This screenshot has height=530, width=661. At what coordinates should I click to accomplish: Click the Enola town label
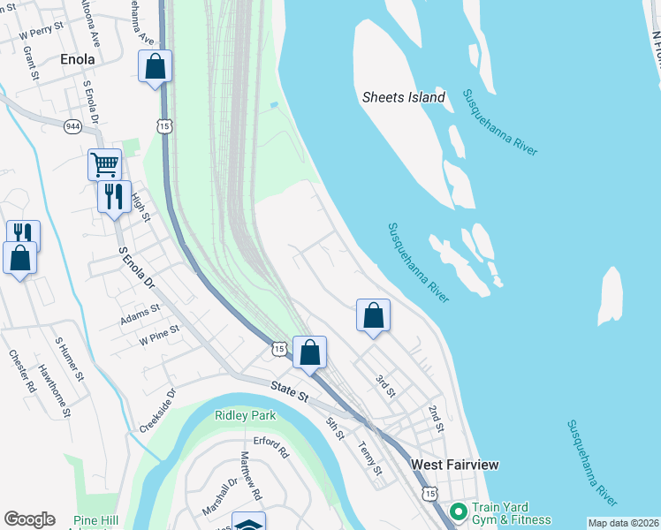click(77, 60)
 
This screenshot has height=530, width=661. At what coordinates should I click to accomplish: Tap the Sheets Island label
click(404, 97)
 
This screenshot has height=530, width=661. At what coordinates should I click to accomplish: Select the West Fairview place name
click(455, 465)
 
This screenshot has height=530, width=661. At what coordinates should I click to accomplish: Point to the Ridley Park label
click(246, 415)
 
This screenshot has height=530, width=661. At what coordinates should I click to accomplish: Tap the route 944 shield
click(72, 126)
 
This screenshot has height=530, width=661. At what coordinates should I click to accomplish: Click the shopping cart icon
click(104, 163)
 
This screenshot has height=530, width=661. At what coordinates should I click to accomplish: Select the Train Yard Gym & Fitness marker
click(458, 511)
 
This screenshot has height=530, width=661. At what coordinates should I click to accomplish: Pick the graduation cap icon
click(248, 523)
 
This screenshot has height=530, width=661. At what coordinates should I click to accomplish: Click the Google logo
click(29, 519)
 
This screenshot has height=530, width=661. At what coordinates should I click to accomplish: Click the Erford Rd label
click(271, 446)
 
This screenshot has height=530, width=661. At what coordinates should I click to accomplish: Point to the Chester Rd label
click(22, 371)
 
